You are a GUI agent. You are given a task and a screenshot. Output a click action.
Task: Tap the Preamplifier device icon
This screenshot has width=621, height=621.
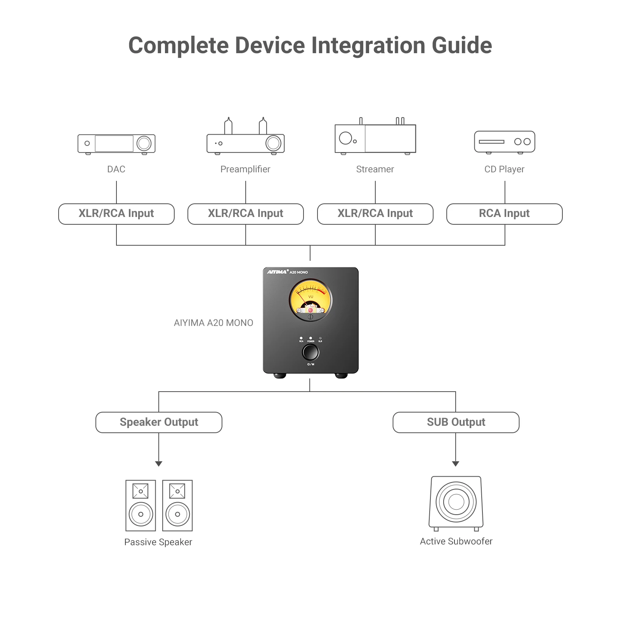(x=246, y=136)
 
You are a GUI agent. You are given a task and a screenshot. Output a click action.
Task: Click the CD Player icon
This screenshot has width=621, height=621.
(x=505, y=142)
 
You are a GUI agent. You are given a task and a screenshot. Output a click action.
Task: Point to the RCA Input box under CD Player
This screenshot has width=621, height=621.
(x=505, y=214)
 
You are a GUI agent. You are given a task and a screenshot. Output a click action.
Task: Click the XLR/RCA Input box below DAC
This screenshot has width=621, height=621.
(x=116, y=214)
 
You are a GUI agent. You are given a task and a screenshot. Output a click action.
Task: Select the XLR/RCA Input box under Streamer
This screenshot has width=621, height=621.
(x=375, y=214)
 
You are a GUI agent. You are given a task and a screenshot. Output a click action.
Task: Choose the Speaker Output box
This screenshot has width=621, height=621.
(x=159, y=422)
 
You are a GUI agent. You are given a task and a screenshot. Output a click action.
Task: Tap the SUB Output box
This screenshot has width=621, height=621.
(x=456, y=422)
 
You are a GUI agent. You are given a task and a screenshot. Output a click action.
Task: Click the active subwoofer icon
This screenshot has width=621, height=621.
(x=456, y=503)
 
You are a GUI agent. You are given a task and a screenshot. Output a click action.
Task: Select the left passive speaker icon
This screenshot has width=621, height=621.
(x=141, y=505)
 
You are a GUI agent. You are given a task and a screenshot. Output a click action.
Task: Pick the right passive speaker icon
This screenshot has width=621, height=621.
(x=177, y=505)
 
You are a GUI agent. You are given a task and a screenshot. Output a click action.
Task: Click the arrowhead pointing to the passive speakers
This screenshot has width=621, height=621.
(x=159, y=463)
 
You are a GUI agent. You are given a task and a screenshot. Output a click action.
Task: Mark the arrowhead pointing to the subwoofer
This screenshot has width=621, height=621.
(x=456, y=463)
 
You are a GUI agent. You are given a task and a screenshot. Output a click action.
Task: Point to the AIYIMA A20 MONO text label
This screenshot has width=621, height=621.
(x=213, y=323)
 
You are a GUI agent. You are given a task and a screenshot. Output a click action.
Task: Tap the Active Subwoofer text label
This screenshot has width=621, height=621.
(x=456, y=541)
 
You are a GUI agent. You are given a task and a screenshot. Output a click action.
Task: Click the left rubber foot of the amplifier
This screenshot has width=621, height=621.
(x=279, y=376)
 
